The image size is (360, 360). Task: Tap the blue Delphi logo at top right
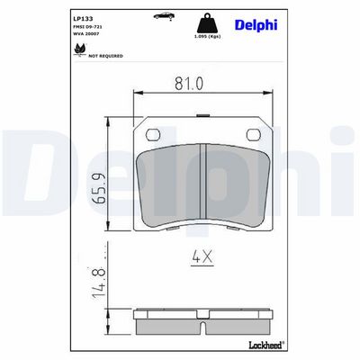pyautogui.click(x=256, y=25)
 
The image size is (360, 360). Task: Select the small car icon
pyautogui.click(x=164, y=15)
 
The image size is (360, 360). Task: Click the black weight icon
pyautogui.click(x=207, y=22)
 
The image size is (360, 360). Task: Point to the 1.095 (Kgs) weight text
pyautogui.click(x=207, y=37)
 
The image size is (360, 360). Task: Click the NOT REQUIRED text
pyautogui.click(x=105, y=56)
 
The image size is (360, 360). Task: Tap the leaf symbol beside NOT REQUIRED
pyautogui.click(x=80, y=49)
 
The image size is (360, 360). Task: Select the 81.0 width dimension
pyautogui.click(x=189, y=84)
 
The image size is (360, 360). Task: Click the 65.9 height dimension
pyautogui.click(x=99, y=188)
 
